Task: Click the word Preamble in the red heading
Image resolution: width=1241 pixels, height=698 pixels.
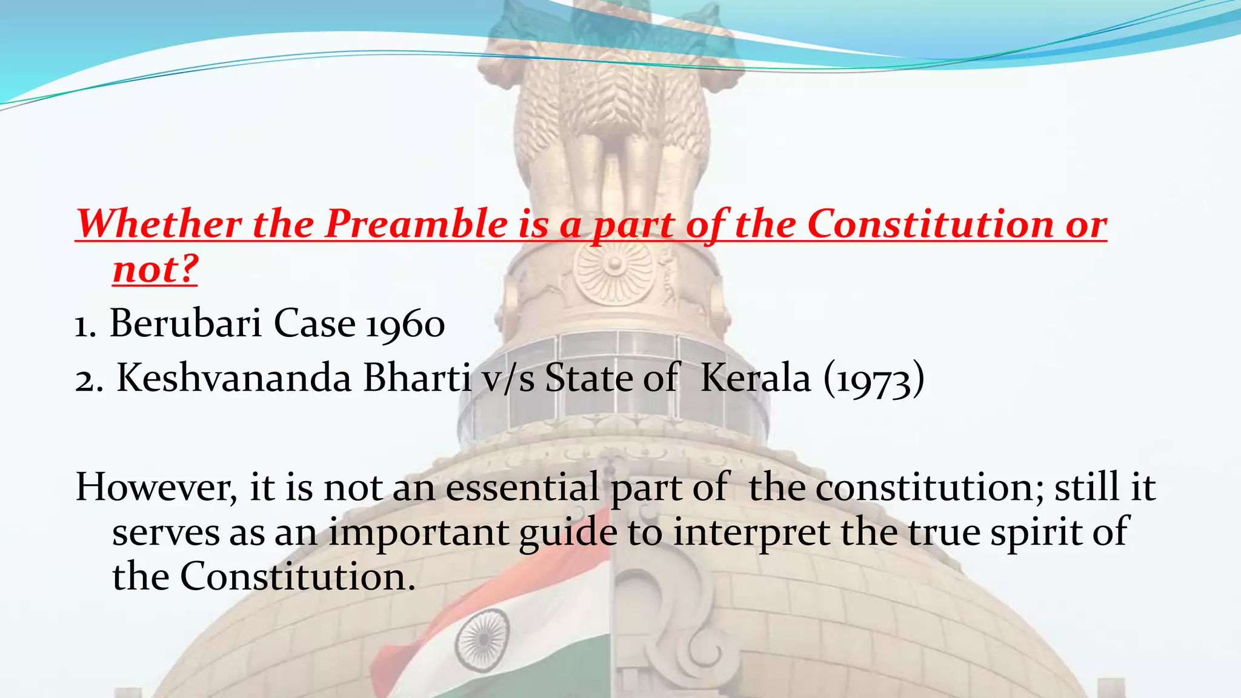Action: click(416, 225)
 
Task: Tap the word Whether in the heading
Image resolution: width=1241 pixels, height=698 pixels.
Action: click(159, 225)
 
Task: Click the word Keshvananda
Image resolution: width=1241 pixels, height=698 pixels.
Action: click(234, 379)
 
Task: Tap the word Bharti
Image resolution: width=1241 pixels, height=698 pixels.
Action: click(418, 379)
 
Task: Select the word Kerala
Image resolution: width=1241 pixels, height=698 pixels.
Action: click(755, 379)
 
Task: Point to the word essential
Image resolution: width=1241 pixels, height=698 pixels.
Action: click(522, 488)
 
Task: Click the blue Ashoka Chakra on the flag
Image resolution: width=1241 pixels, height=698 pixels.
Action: click(482, 640)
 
